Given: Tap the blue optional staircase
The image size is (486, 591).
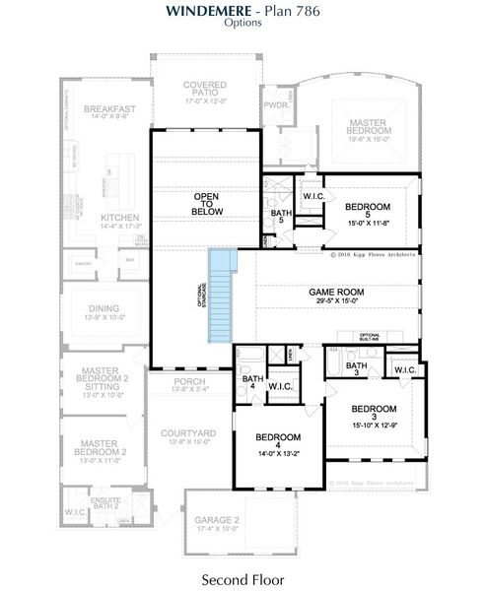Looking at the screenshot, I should [224, 295].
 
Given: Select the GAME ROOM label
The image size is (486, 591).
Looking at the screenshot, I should [337, 293].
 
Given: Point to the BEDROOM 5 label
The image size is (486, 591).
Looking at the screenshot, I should [368, 207].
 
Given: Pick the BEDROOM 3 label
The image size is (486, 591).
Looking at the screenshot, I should [374, 408].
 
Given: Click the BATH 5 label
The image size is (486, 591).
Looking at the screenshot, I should [278, 216].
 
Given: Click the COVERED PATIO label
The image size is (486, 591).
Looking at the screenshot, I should [205, 91].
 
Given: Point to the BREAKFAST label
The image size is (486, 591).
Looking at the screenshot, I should [108, 108].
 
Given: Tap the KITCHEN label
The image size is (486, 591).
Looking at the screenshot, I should [120, 218].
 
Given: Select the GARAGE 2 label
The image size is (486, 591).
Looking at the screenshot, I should [217, 521].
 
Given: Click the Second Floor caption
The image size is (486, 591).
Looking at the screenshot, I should [243, 578].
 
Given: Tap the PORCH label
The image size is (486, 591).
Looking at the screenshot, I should [189, 381].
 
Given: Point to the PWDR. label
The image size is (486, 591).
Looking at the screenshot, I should [274, 102].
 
